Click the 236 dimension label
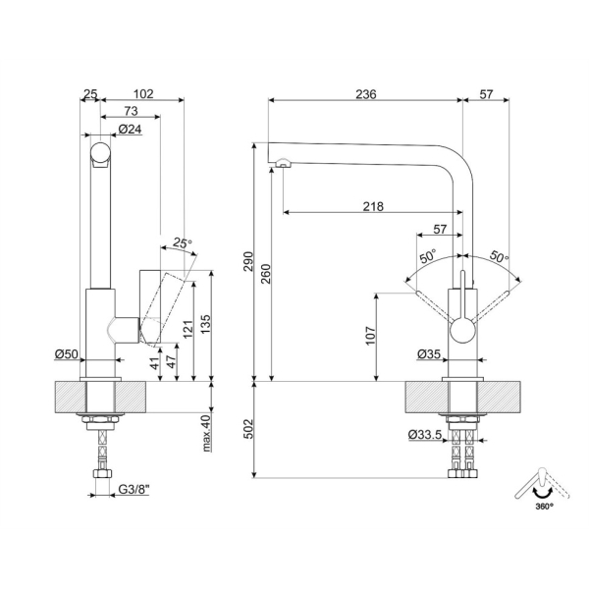pos(366,94)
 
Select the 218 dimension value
pos(373,206)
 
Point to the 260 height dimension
pos(265,274)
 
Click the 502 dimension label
pos(248,429)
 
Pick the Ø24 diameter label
pos(130,130)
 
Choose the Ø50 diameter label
pos(66,353)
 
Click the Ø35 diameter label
pos(429,353)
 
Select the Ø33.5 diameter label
pos(424,435)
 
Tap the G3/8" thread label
pos(134,490)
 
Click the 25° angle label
pos(183,243)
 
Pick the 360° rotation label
pos(544,507)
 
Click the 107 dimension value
pos(371,336)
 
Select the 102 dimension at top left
pos(143,94)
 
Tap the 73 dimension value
pos(132,111)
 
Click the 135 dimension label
pos(206,324)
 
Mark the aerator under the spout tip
pos(283,162)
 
